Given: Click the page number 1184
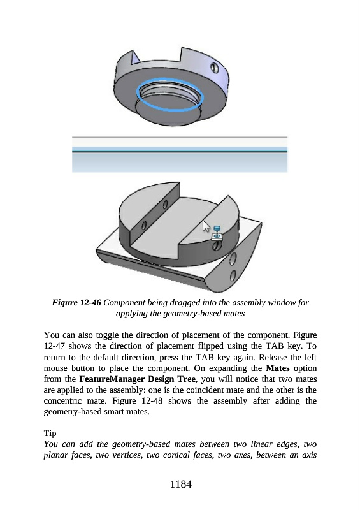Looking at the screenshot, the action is point(180,484).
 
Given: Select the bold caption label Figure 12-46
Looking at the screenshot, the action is point(76,303).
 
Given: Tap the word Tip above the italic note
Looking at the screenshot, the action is point(50,433).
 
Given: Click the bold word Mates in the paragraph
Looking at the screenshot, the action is point(278,368).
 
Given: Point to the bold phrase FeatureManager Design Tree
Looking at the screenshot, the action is point(137,379).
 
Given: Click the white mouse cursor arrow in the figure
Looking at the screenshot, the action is point(206,226).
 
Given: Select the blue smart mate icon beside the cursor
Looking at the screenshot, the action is point(217,233).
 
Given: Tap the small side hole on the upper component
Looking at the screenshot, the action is point(214,68).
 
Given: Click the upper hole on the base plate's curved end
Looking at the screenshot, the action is point(233,259).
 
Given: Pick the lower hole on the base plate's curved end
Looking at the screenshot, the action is point(233,275).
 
